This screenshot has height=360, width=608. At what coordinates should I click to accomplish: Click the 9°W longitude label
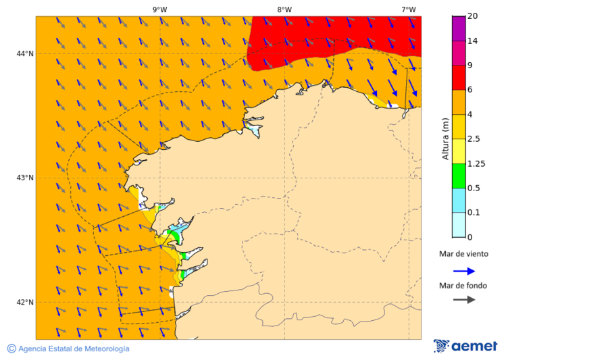(160, 9)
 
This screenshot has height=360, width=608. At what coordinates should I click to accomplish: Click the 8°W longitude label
(284, 9)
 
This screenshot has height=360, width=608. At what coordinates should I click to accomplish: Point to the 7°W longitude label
(408, 9)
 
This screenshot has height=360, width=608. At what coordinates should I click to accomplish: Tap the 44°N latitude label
(25, 53)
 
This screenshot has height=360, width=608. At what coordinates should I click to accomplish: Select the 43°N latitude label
(25, 178)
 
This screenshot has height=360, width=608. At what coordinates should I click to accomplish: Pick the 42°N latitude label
(25, 302)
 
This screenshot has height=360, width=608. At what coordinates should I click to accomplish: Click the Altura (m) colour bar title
(445, 139)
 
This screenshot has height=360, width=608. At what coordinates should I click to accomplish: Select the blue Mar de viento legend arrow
(464, 271)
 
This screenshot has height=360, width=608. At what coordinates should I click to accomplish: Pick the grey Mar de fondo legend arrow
(464, 299)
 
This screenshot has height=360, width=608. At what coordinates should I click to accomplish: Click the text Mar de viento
(463, 255)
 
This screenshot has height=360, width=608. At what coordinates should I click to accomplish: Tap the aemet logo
(465, 346)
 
